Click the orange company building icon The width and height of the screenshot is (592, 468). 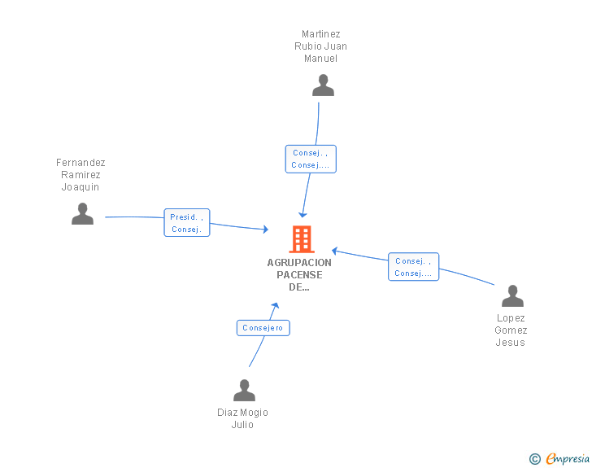coord(302,239)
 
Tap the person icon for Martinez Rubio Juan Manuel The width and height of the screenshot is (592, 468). coord(323,85)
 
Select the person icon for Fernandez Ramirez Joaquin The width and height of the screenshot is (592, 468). coord(82,214)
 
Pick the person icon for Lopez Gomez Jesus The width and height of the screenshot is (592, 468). coord(512,296)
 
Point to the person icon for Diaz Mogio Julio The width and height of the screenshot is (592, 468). coord(244,391)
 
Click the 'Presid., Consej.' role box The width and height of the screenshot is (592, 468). coord(187,223)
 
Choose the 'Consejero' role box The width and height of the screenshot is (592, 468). coord(263,328)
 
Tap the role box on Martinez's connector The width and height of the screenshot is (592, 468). coord(311,159)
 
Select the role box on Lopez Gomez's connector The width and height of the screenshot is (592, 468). coord(413,267)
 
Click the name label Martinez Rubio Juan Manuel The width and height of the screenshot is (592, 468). coord(320,46)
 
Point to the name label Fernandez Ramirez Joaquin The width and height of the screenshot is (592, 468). coord(81,175)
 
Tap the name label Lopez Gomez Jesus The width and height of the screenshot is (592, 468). coord(511,330)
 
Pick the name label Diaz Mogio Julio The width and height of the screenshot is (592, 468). coord(242,418)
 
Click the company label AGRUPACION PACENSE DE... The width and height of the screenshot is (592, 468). coord(299,274)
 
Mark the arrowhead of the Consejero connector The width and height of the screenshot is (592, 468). coord(276,305)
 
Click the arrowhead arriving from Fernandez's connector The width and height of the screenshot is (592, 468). coord(265,230)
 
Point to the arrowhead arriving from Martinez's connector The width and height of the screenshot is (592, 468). coord(303,214)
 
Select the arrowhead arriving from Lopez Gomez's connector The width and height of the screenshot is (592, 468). coord(334,251)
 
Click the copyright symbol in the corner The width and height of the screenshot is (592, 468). coord(534,459)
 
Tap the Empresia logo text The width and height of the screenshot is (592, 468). coord(567,459)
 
